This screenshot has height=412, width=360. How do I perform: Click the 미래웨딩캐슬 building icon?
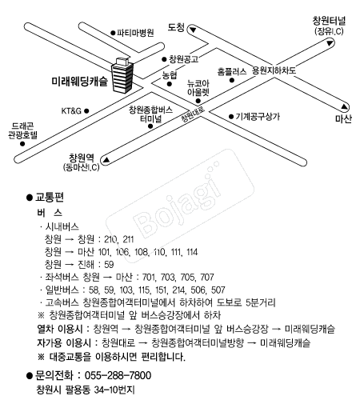[122, 75]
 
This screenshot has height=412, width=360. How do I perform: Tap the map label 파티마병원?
[135, 33]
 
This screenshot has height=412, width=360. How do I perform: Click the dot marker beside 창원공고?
[164, 59]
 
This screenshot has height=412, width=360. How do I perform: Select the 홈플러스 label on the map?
[232, 72]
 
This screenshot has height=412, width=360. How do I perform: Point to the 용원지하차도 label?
[274, 70]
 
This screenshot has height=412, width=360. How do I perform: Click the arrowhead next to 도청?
[193, 30]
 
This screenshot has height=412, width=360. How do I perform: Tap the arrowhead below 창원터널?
[330, 42]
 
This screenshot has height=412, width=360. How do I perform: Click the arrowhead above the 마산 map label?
[345, 107]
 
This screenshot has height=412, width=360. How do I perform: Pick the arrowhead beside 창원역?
[106, 159]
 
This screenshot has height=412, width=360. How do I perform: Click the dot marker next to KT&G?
[86, 110]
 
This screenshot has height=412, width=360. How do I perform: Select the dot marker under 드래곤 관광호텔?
[22, 144]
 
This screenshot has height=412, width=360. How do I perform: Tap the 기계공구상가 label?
[258, 117]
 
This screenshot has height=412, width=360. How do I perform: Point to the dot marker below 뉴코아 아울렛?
[198, 101]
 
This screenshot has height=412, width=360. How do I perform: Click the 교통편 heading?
[50, 198]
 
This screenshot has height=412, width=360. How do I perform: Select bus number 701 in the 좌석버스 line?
[149, 278]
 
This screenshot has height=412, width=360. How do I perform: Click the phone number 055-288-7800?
[118, 375]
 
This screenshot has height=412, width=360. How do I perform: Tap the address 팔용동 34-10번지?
[100, 390]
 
